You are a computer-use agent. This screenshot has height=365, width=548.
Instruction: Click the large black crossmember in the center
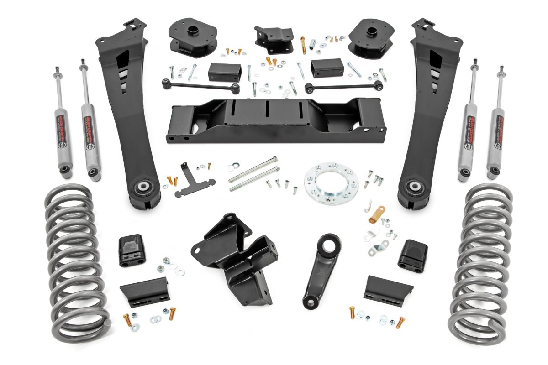pos(274,121)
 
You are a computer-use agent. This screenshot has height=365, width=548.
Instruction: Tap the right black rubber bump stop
pos(413,255)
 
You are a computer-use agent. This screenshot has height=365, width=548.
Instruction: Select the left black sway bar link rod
pos(201,85)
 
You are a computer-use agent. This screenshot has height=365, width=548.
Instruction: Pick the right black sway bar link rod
pos(342,86)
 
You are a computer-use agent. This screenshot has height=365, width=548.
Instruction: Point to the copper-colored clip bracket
pos(377,214)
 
